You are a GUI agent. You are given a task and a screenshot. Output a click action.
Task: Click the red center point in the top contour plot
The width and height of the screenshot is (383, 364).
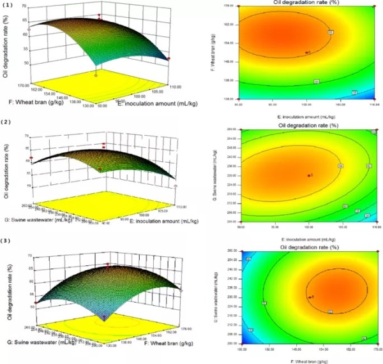[307, 53]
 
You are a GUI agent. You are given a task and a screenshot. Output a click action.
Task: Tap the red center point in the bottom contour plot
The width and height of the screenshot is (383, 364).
[309, 296]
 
